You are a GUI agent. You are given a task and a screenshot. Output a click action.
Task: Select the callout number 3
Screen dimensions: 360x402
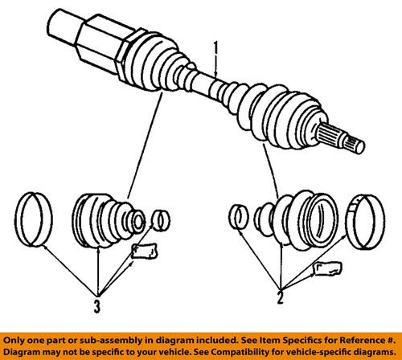98,306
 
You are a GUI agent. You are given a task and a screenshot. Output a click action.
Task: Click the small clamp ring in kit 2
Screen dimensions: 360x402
238,218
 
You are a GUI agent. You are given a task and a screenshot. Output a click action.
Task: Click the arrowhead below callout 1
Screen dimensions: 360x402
215,75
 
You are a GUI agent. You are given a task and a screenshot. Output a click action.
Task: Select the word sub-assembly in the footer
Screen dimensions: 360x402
104,340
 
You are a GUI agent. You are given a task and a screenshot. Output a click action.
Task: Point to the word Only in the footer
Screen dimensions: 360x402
15,340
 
